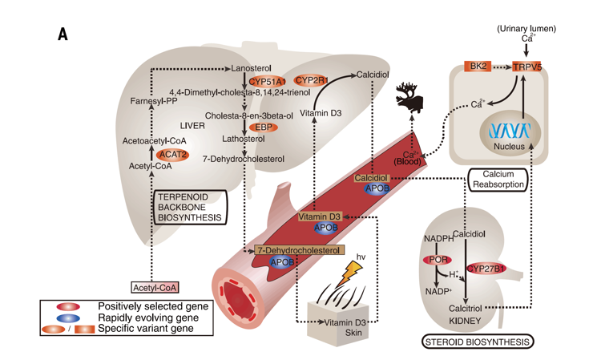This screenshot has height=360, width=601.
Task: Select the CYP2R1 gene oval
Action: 309,80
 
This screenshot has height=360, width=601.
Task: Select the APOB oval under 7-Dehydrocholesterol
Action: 282,261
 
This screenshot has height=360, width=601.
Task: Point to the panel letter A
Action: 63,34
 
